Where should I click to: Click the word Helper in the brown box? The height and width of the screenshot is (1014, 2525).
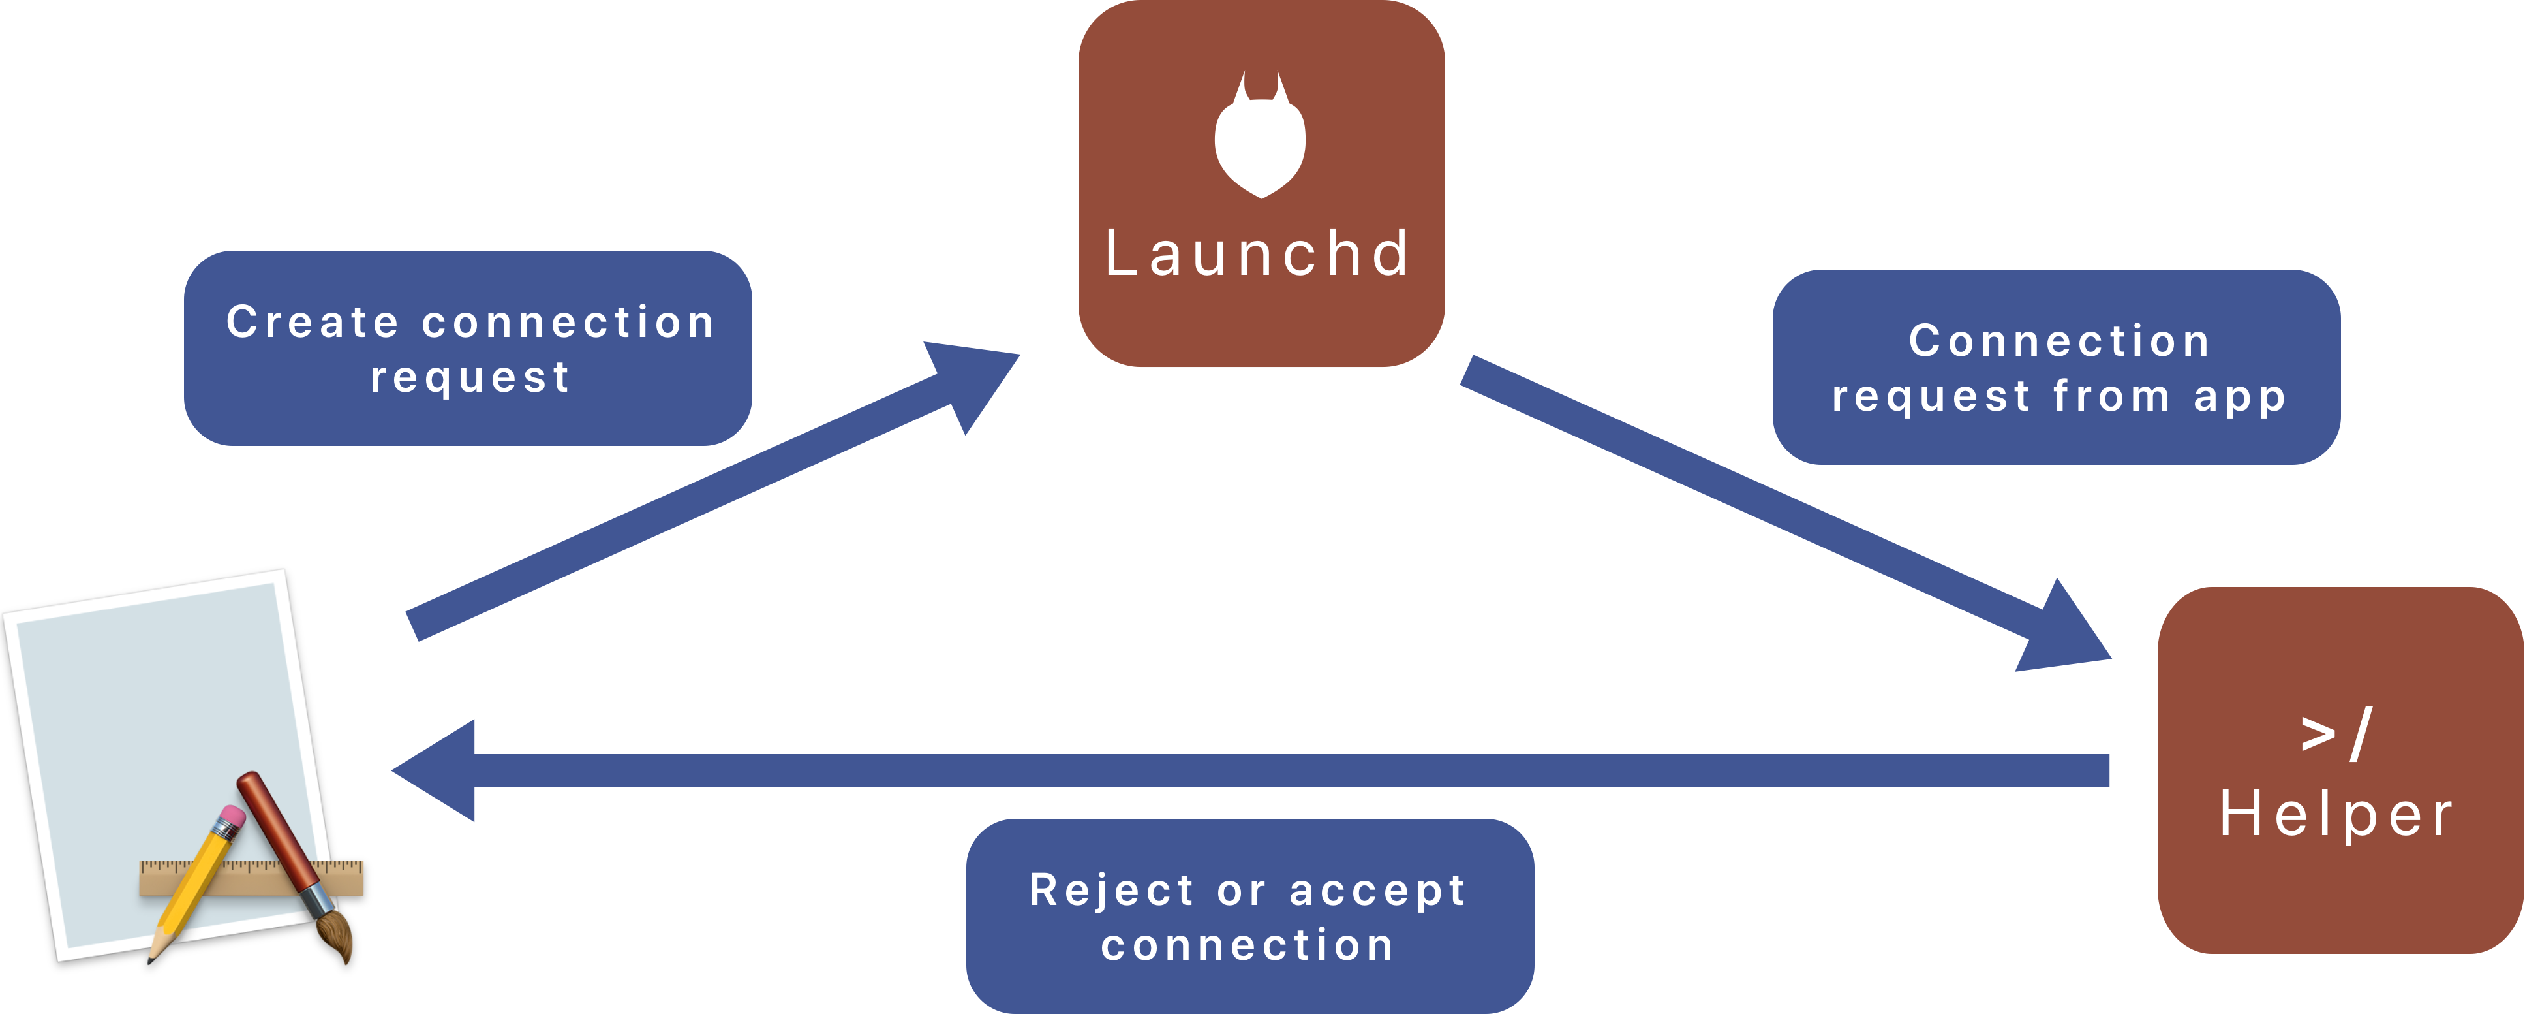pos(2337,815)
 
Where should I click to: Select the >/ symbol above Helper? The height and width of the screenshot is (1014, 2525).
pos(2337,733)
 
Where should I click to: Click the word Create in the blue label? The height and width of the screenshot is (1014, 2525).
pos(313,323)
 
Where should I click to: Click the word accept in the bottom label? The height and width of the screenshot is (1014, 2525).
pos(1377,891)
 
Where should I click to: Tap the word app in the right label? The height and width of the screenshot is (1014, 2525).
pos(2240,396)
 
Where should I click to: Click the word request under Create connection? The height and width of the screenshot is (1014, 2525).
pos(470,377)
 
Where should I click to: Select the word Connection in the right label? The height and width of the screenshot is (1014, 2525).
pos(2058,341)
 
